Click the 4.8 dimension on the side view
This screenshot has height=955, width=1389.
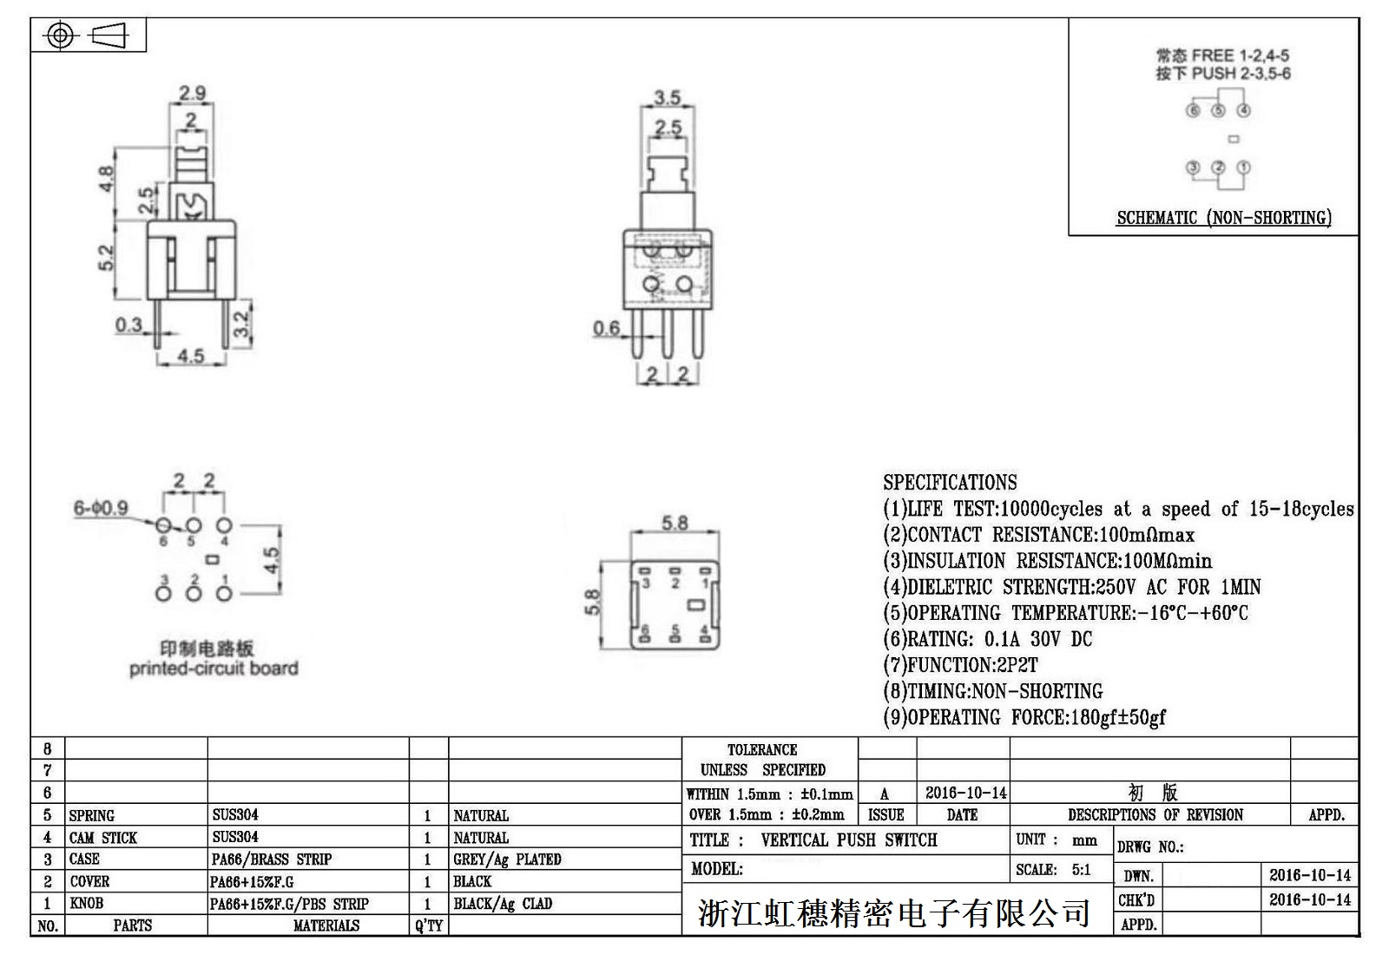106,179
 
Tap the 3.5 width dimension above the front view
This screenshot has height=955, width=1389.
668,97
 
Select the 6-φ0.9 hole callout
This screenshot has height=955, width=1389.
101,509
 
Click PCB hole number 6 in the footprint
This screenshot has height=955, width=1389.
163,526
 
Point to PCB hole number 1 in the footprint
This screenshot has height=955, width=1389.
224,594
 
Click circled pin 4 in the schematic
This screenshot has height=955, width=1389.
1243,110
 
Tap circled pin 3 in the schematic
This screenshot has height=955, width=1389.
1193,168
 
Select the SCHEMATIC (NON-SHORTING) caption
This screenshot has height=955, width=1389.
1224,218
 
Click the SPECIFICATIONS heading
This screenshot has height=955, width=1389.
950,482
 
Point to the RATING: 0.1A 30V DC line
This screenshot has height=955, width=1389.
988,639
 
